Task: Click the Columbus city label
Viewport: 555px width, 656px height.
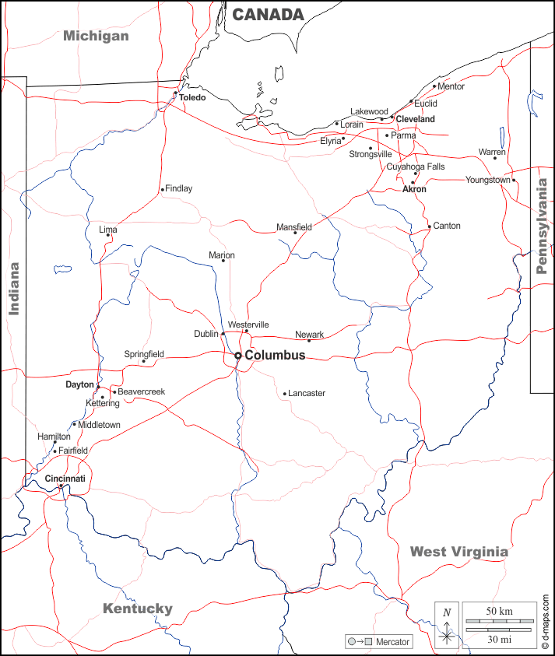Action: pos(275,356)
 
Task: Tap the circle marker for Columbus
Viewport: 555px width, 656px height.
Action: pos(238,356)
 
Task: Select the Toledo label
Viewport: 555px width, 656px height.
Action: pos(192,98)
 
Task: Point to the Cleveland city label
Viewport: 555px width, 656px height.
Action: pos(415,119)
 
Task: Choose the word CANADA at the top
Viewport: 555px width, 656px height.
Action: pos(268,14)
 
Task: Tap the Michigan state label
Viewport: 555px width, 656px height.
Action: pos(96,36)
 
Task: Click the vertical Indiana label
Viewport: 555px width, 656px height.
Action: pos(13,288)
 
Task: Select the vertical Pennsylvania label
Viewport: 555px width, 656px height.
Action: pos(542,226)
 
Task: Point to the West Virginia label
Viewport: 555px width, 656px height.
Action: pos(458,552)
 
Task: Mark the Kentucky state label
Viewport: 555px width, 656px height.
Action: pos(138,609)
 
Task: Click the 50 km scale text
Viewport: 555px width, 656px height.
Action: pos(499,611)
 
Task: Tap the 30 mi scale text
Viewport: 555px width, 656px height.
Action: pos(499,639)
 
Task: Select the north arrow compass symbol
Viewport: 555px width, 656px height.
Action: pos(447,626)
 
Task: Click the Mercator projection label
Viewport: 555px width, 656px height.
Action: pos(393,642)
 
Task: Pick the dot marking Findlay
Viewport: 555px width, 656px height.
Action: pos(162,189)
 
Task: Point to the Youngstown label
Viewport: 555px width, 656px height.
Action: pos(488,180)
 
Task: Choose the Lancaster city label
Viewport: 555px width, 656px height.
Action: pos(307,394)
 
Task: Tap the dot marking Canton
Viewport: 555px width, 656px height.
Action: pos(429,227)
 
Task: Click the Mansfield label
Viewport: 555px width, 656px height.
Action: pos(294,227)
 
